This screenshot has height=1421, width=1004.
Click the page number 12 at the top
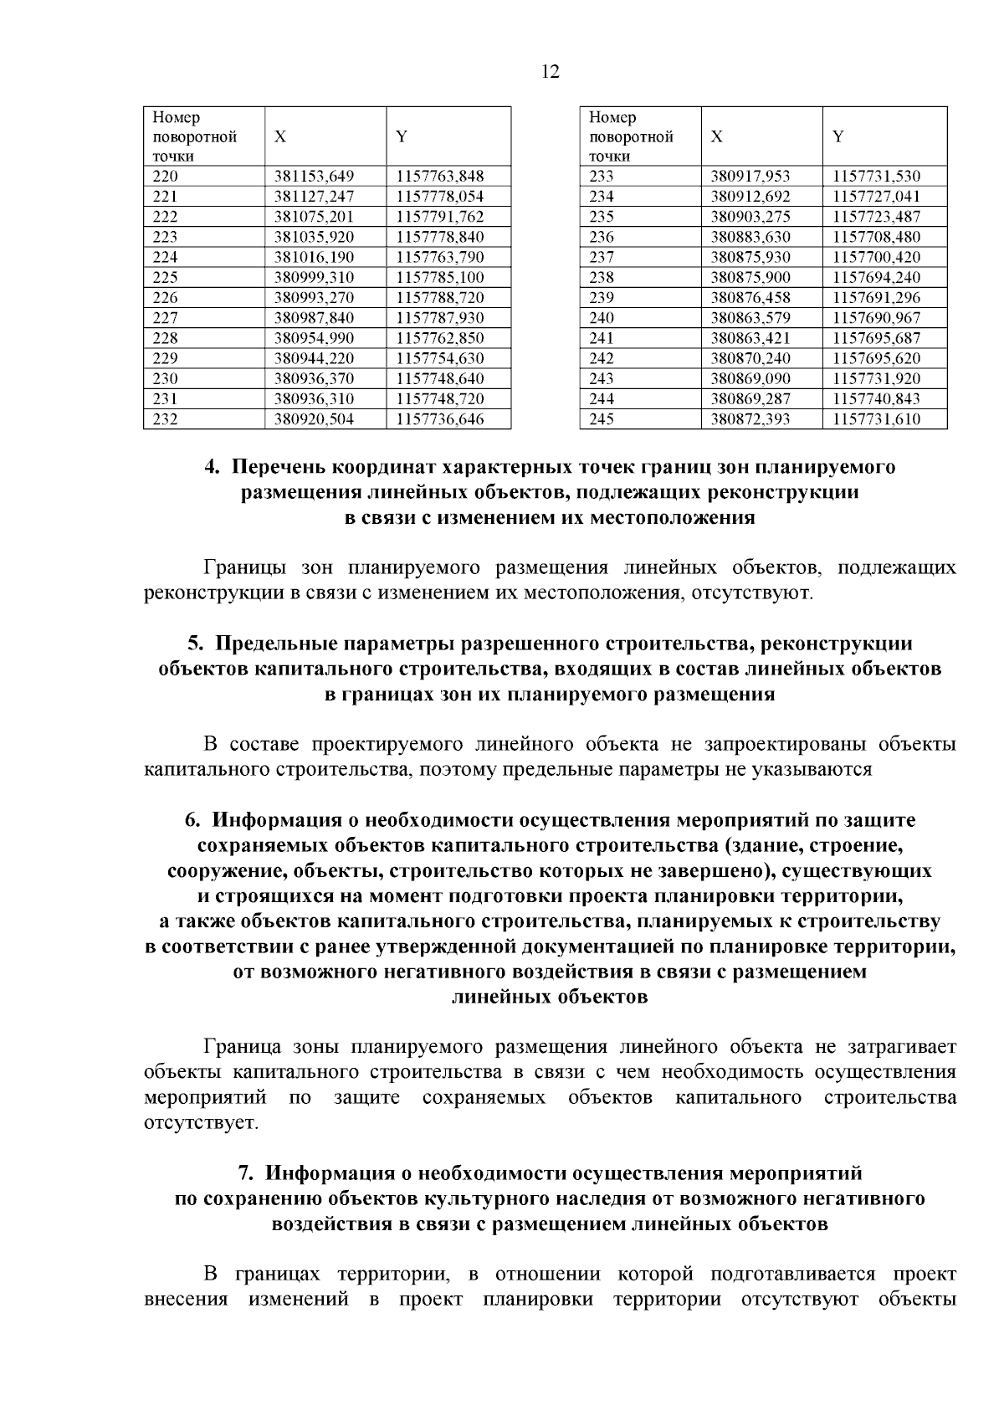[551, 71]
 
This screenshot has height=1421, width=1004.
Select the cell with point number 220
[166, 177]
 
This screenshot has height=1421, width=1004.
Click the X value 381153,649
[315, 177]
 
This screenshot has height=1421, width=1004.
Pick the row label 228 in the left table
[166, 338]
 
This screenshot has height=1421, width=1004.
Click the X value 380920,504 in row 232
[315, 419]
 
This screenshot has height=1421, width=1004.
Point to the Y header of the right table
[838, 136]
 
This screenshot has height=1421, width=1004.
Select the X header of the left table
[280, 136]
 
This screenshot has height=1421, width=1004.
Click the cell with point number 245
[602, 419]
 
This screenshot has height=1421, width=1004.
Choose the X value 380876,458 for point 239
[750, 298]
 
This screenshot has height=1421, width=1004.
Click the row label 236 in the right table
[602, 237]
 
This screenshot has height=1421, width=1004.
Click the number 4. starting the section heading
[213, 467]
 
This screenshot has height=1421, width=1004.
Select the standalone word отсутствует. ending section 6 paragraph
[202, 1121]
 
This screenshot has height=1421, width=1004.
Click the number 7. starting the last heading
[247, 1173]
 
